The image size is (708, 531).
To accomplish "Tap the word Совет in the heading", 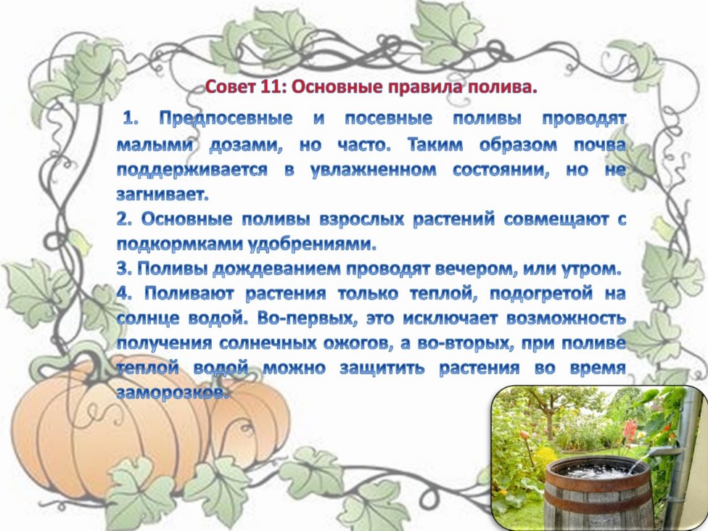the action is [231, 87].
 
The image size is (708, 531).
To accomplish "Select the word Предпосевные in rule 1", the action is [226, 120].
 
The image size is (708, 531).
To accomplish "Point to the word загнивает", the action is [162, 194].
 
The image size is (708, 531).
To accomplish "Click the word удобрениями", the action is [313, 244].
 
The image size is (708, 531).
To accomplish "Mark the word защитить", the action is [382, 369].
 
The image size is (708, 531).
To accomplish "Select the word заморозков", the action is [173, 393].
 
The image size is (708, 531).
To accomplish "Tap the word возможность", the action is [567, 318].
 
